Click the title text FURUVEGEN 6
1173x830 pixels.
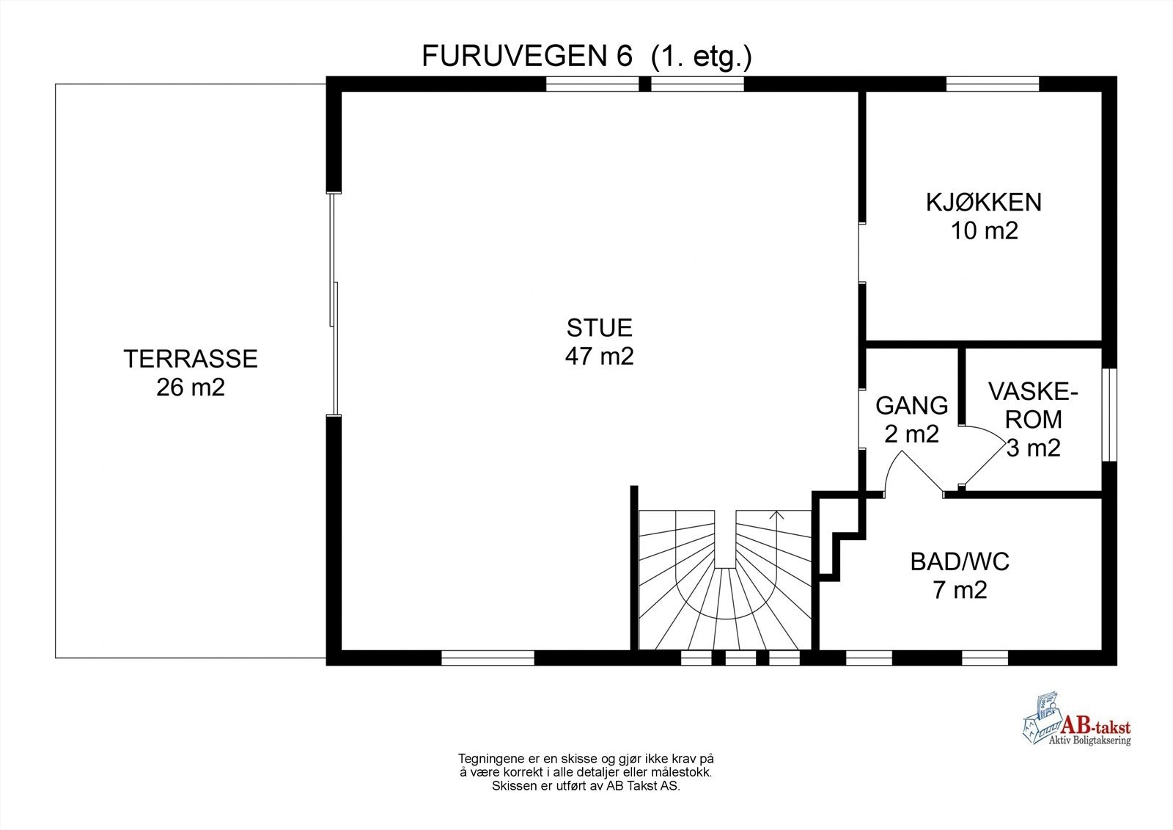point(526,57)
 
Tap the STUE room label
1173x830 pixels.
point(599,327)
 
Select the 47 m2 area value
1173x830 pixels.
point(599,356)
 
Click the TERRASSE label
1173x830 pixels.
point(191,359)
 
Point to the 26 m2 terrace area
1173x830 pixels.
point(191,387)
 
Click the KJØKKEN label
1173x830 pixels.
point(984,202)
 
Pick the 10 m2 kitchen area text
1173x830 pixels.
point(985,230)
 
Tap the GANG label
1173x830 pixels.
point(912,405)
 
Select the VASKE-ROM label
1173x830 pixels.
point(1033,404)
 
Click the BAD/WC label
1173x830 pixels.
point(960,562)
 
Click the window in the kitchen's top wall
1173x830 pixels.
point(993,84)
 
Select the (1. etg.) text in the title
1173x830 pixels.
point(701,57)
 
